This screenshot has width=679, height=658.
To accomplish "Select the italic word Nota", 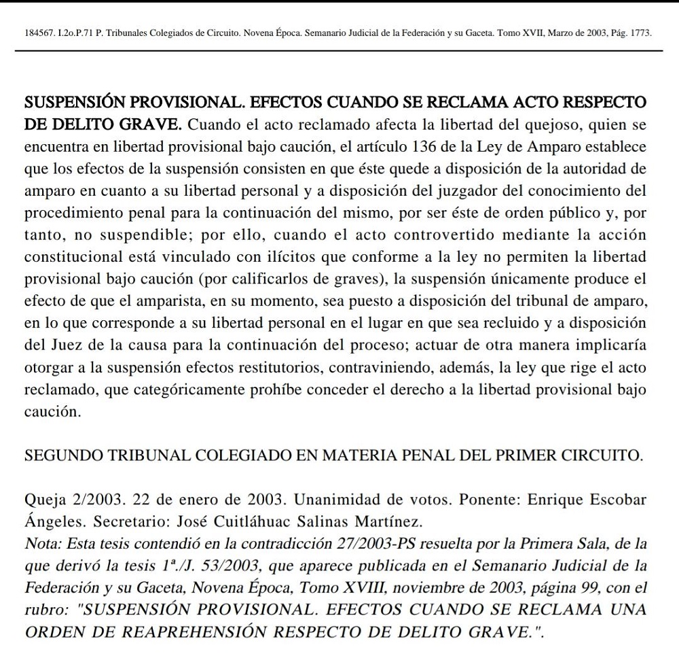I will pyautogui.click(x=39, y=544).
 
